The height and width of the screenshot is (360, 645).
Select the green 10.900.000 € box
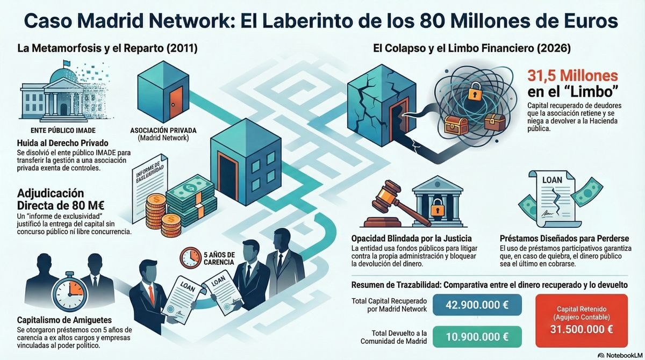476,337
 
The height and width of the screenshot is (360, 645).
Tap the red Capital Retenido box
581,320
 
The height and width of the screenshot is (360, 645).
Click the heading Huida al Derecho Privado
63,143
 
